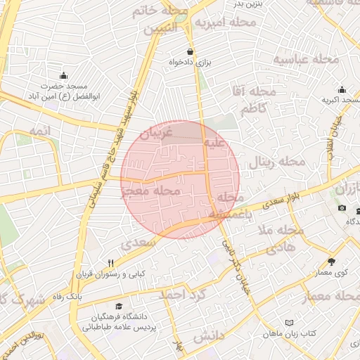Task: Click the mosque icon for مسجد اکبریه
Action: (x=342, y=89)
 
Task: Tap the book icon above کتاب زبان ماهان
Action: (x=289, y=322)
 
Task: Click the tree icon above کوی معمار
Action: (x=331, y=262)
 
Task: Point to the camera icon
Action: (x=342, y=207)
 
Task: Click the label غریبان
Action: (x=157, y=134)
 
